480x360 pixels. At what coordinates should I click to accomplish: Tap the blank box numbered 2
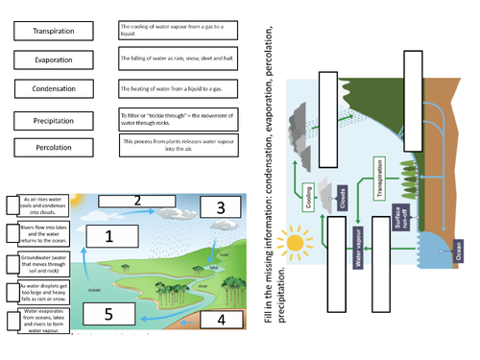pos(137,201)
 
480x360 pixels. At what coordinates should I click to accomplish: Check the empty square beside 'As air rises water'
pos(10,204)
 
